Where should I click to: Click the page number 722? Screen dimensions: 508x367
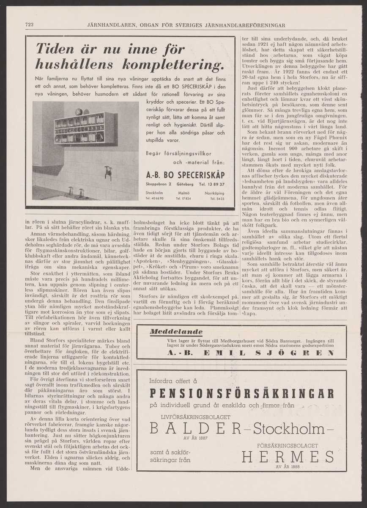point(30,25)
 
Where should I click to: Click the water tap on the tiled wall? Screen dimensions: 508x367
point(109,171)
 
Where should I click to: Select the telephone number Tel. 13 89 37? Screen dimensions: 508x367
point(212,184)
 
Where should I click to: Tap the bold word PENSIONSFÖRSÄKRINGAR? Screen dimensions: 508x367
point(241,394)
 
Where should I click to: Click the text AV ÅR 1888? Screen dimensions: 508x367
point(287,467)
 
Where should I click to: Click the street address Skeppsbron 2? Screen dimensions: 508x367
point(158,184)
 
